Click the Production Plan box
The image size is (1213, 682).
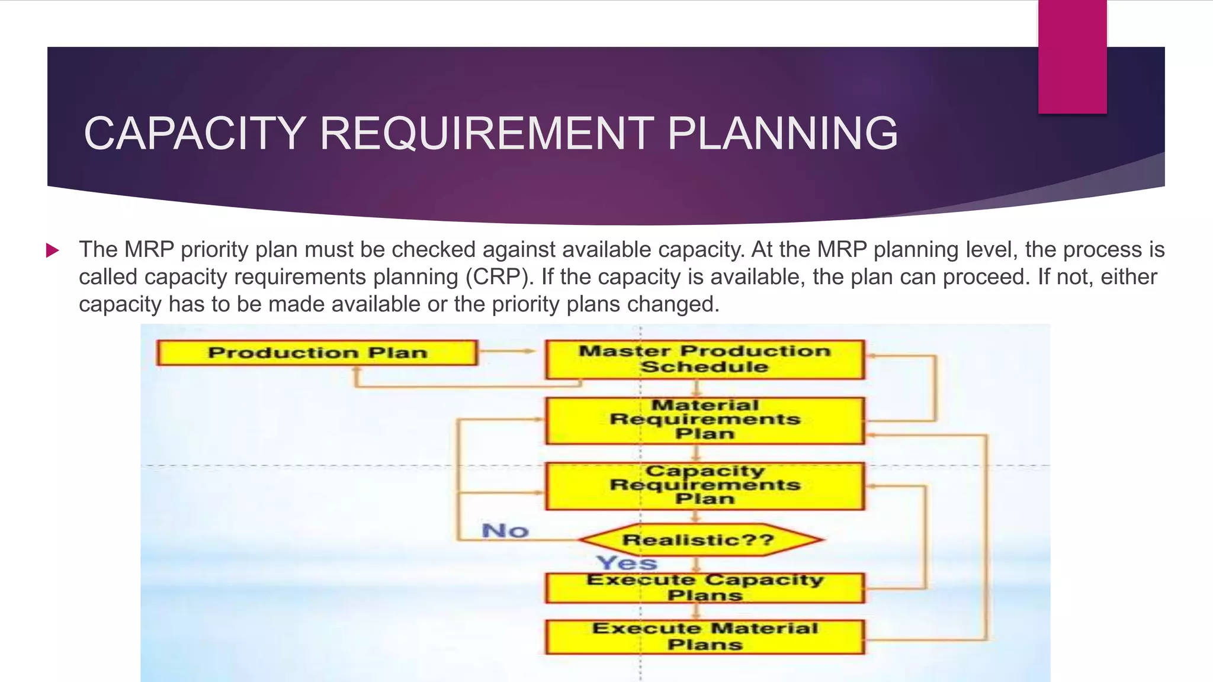pos(317,353)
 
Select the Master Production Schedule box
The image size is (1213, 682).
pos(705,359)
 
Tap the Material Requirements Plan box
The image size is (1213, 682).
pos(705,420)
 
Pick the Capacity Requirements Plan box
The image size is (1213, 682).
pos(705,486)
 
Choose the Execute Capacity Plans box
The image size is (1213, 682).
pos(705,588)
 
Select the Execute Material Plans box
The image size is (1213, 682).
pos(705,637)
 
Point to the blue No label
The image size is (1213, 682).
pos(505,531)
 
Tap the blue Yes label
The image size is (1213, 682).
pos(627,563)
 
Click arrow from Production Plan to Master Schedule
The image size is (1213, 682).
pos(509,351)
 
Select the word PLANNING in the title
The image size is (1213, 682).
pos(782,133)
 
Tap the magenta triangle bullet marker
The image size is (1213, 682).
pos(53,250)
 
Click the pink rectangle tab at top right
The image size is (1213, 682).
pos(1072,56)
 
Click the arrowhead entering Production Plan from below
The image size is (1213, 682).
pos(357,371)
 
